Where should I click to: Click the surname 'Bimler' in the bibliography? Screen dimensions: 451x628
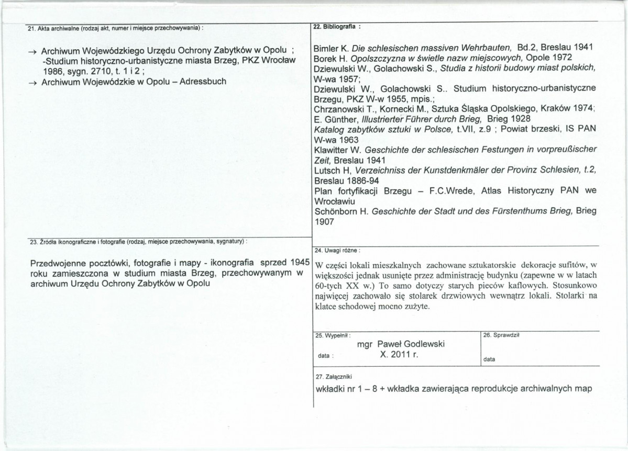coord(326,48)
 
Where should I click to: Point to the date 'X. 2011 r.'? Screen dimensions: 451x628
coord(401,354)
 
